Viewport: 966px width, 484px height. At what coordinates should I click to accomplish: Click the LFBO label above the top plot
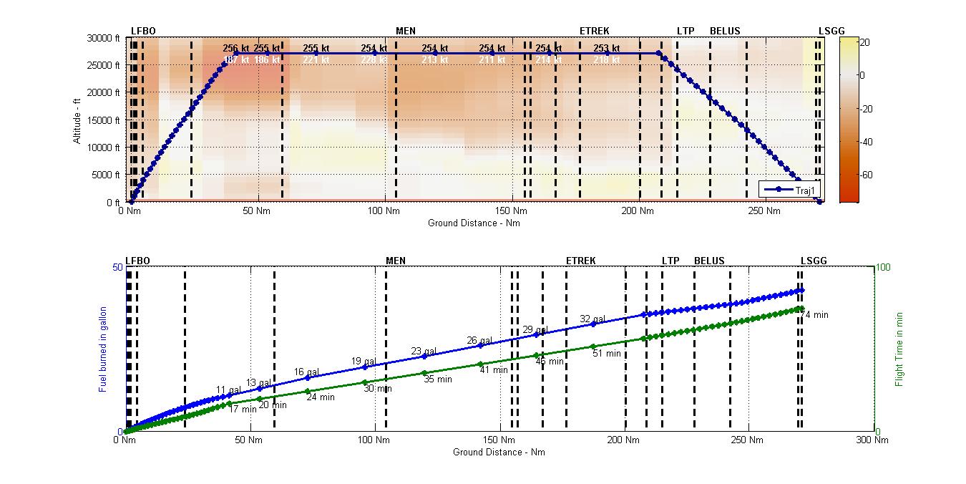click(x=143, y=31)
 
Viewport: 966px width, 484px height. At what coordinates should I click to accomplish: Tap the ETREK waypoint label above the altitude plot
click(x=595, y=31)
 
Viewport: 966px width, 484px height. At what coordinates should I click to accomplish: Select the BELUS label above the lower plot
click(x=709, y=261)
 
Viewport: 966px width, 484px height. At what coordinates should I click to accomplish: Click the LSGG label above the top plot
click(x=831, y=31)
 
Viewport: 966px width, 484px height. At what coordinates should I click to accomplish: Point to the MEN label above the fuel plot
click(x=396, y=261)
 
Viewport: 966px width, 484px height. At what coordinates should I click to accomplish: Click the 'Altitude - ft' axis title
click(x=77, y=120)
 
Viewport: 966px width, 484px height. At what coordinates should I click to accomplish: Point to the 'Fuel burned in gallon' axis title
click(x=103, y=349)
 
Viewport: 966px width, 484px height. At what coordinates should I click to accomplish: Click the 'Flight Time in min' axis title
click(x=899, y=349)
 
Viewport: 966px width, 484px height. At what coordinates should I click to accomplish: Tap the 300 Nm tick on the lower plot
click(x=874, y=440)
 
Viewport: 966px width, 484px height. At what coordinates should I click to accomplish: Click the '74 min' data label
click(x=814, y=315)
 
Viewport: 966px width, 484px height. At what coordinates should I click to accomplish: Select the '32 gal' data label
click(x=592, y=319)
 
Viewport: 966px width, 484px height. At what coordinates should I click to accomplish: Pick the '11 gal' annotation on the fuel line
click(x=229, y=390)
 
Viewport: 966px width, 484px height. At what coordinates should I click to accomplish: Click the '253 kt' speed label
click(x=606, y=48)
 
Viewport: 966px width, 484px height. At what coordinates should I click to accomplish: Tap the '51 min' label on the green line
click(x=607, y=353)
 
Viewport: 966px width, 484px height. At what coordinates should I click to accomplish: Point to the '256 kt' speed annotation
click(x=236, y=48)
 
